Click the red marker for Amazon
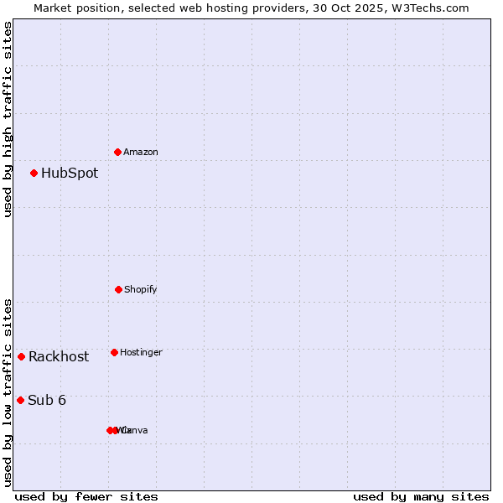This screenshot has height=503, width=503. (118, 152)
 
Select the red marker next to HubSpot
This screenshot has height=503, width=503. (34, 174)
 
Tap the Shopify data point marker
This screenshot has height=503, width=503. (118, 289)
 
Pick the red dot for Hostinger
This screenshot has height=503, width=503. (114, 352)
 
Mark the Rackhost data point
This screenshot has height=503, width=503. (22, 356)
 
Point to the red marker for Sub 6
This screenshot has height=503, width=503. (21, 400)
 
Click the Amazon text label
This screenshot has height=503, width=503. (141, 153)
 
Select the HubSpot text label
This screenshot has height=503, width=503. (70, 174)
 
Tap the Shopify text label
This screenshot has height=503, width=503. (141, 290)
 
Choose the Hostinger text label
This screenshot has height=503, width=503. (141, 353)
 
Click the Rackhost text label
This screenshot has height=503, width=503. (59, 357)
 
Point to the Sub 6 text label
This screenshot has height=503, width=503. (47, 401)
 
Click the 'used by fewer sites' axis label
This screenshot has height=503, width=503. (86, 496)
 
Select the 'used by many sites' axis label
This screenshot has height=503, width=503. (421, 496)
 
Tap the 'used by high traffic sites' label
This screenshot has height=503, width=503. (8, 119)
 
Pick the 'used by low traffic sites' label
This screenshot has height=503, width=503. (8, 392)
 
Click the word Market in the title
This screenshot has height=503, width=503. (54, 8)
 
